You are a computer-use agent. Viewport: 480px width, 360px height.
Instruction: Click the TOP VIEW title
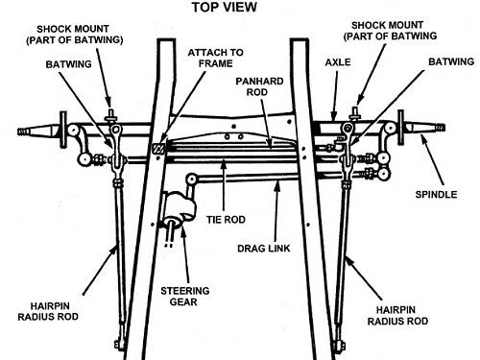point(225,7)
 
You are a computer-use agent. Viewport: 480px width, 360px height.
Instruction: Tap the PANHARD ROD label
point(259,86)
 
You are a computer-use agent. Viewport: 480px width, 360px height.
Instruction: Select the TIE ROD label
point(226,220)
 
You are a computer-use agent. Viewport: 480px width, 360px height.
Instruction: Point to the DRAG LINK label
point(264,249)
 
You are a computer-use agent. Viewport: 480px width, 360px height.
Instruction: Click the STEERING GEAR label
point(185,297)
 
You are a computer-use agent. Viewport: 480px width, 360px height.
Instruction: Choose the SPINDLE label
point(436,195)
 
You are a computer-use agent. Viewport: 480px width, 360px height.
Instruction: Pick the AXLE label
point(338,62)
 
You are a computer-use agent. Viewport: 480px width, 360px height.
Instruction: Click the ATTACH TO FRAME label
point(215,58)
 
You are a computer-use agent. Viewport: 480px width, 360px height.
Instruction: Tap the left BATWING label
point(68,64)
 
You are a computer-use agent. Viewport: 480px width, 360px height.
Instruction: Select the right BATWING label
point(451,61)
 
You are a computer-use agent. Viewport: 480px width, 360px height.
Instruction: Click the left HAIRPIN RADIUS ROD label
point(48,311)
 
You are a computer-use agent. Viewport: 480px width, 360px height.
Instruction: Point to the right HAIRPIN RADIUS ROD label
point(397,316)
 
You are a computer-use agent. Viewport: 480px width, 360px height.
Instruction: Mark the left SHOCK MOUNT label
point(75,35)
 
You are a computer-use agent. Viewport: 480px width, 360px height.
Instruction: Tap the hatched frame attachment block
point(158,148)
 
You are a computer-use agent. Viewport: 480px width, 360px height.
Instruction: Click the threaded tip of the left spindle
point(22,132)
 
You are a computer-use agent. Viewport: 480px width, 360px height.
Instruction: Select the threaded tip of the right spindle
point(440,128)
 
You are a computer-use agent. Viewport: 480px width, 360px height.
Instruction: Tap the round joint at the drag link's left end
point(192,179)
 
